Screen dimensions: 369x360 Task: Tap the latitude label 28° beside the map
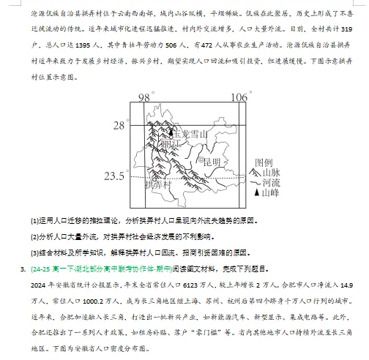point(120,126)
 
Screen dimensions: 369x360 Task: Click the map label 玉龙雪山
point(190,134)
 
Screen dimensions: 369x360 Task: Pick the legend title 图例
point(264,162)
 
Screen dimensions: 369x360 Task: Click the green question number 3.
point(23,266)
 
